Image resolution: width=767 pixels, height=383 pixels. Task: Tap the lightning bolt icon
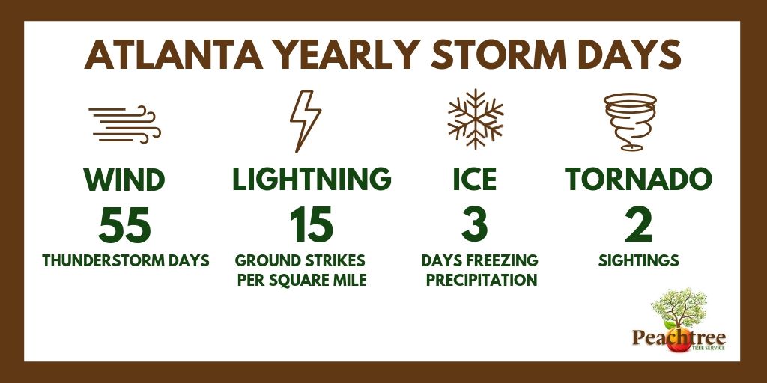(306, 120)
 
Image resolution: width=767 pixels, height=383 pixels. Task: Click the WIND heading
(124, 180)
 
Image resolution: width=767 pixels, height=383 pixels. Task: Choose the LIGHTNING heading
(312, 180)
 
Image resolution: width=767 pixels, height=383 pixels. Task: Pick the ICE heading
(473, 180)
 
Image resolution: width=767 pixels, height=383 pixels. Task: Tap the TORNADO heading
(637, 180)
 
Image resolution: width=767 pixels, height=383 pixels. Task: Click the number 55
(124, 225)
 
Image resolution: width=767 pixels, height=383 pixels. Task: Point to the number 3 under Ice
(475, 225)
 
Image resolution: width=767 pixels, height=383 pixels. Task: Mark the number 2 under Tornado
(637, 225)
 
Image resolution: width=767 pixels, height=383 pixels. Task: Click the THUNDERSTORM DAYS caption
(126, 261)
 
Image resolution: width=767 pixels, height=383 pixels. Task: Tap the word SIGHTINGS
(638, 261)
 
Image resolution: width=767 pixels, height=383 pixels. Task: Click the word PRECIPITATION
(479, 281)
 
